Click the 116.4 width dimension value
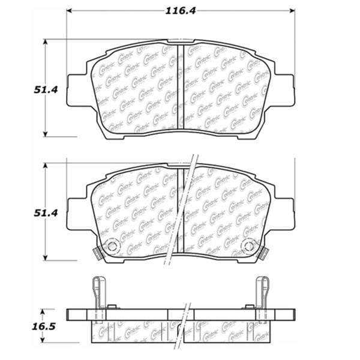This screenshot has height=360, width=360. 180,10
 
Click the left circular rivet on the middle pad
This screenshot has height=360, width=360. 111,246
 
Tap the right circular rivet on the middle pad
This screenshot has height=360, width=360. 249,246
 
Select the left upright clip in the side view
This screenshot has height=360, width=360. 97,294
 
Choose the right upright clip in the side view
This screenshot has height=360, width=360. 262,294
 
